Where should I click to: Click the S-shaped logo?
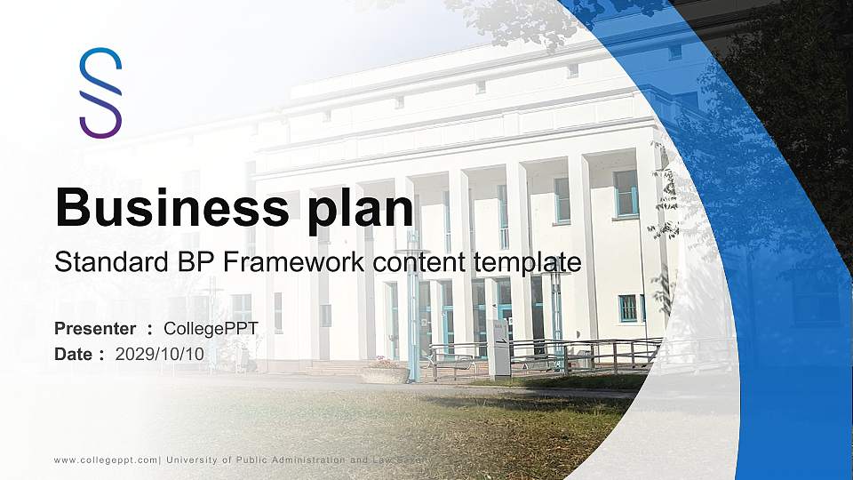pos(100,92)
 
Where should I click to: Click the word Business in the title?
pos(169,208)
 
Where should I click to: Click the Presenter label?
pos(95,329)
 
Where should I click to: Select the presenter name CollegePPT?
pos(211,329)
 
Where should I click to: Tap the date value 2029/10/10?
pos(160,354)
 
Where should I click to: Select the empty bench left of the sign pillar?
pos(452,360)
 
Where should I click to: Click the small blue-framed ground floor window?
pos(628,308)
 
